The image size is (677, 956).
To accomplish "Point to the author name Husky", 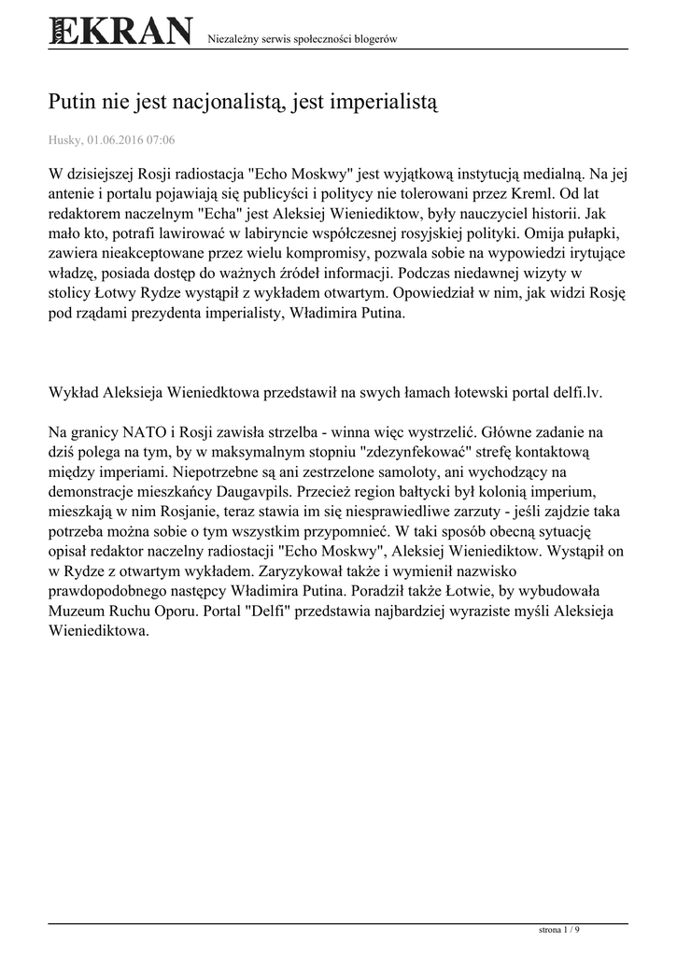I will click(x=64, y=140).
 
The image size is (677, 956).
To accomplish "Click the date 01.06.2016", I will click(x=117, y=140).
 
